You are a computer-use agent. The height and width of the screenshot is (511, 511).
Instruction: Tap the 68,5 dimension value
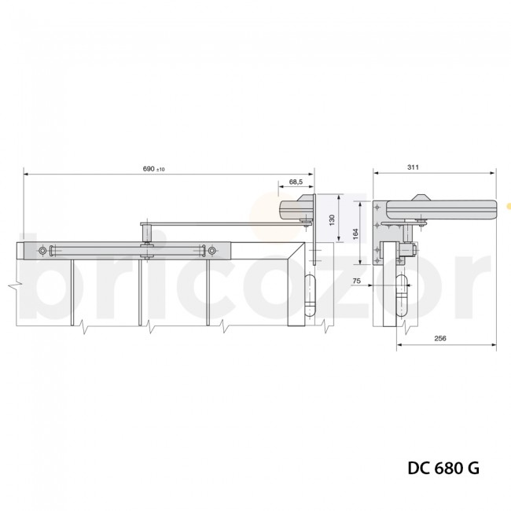click(296, 182)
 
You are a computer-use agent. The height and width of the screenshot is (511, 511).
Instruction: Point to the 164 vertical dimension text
click(355, 233)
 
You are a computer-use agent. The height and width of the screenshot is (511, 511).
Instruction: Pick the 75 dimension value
click(357, 280)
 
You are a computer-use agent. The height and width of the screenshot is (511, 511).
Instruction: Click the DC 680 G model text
click(443, 468)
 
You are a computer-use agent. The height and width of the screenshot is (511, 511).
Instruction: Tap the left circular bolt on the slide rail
click(42, 251)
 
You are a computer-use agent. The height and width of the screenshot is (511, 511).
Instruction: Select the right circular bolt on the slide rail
click(211, 251)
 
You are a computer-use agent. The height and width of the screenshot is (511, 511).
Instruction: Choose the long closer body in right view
click(441, 208)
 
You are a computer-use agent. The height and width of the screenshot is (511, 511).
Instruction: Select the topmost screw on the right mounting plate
click(378, 206)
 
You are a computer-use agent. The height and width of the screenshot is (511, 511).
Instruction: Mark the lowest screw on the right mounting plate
click(378, 251)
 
